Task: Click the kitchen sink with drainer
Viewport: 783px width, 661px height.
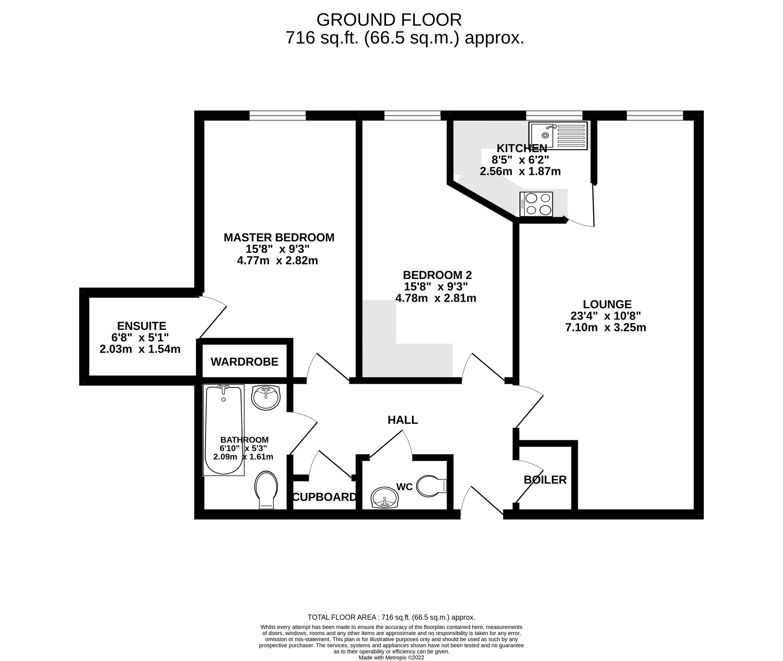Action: click(x=558, y=135)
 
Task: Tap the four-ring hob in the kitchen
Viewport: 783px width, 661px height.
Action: click(x=536, y=204)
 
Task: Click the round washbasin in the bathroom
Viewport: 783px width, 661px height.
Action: click(x=266, y=397)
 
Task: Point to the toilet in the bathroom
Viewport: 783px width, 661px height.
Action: click(x=266, y=490)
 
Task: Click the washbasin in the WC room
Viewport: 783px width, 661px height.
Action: click(x=384, y=498)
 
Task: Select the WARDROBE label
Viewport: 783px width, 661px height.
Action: click(x=244, y=362)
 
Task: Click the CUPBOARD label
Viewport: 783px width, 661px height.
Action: click(x=325, y=497)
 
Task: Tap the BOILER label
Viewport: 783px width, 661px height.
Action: click(x=545, y=480)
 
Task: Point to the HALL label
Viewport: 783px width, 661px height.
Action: click(x=402, y=420)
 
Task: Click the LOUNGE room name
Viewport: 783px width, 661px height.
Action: click(x=607, y=304)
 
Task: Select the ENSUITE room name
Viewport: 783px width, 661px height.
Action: click(x=141, y=326)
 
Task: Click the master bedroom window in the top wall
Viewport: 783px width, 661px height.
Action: click(x=278, y=115)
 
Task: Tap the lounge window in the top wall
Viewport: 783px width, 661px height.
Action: click(x=655, y=115)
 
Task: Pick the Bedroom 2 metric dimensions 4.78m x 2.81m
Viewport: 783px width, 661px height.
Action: click(x=436, y=298)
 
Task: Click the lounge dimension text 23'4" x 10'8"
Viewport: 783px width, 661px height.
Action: click(x=606, y=316)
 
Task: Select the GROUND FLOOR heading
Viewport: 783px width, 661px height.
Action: click(x=389, y=20)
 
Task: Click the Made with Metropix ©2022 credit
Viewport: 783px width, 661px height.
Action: click(x=391, y=658)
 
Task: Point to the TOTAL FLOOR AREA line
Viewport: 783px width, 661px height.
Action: click(x=391, y=618)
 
